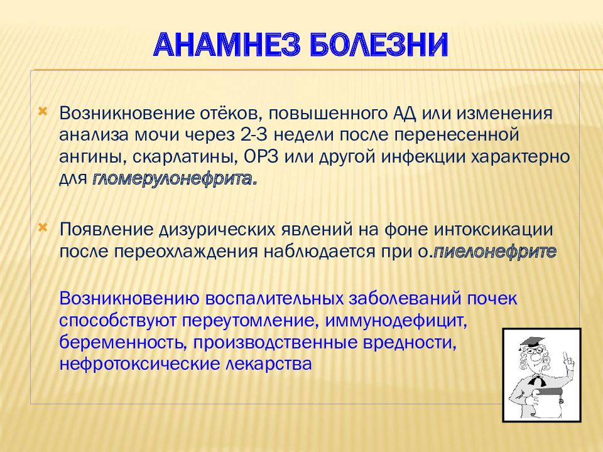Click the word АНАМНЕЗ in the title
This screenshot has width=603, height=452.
click(227, 45)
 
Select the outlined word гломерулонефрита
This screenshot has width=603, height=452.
click(175, 179)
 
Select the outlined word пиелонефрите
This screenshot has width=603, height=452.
click(495, 252)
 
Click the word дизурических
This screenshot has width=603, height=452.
click(217, 230)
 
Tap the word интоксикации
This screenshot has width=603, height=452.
click(494, 230)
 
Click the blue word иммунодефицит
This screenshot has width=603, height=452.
click(396, 321)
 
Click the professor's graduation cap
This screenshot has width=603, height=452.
click(531, 341)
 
